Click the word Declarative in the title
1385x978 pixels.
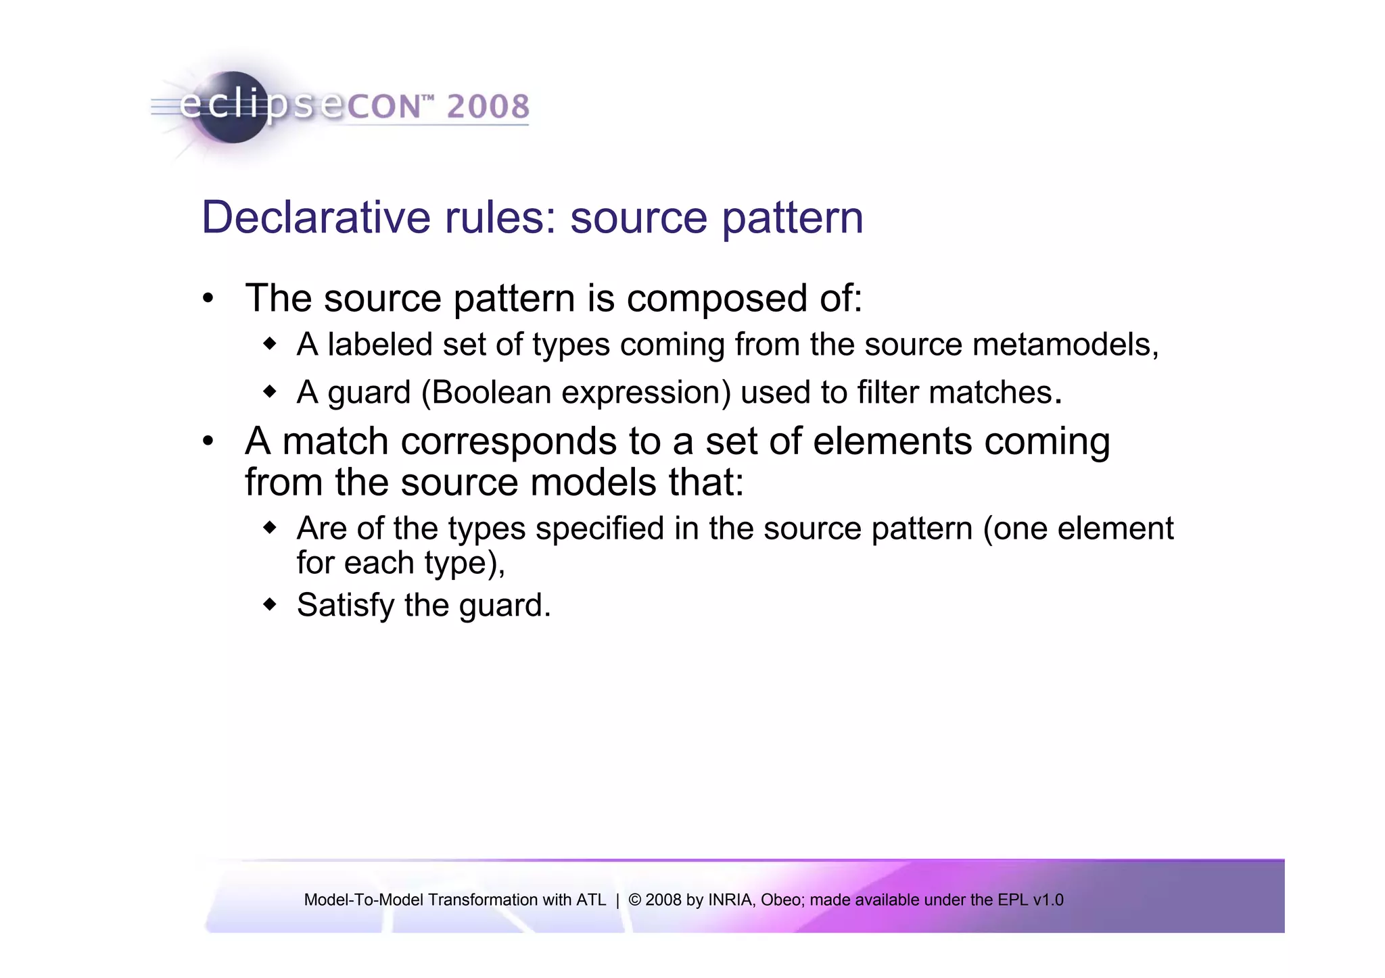316,218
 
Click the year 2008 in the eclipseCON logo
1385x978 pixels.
488,107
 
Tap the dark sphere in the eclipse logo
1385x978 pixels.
233,108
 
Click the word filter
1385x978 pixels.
888,393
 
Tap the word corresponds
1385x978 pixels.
509,441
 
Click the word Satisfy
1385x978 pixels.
345,605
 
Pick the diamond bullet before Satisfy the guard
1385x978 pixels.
270,604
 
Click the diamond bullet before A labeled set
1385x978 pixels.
270,344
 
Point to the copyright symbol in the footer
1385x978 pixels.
634,900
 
